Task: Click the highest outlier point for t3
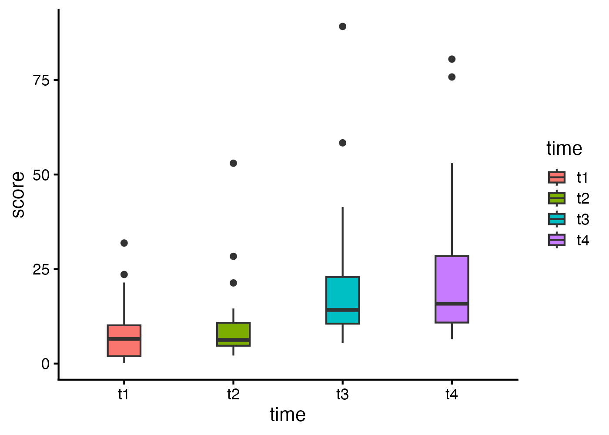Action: (342, 27)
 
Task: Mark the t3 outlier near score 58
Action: (342, 143)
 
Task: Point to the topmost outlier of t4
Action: (452, 59)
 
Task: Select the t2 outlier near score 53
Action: (233, 163)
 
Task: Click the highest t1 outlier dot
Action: (124, 243)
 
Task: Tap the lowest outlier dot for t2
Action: (233, 283)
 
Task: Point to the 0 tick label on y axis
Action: (46, 364)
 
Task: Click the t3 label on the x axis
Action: (342, 395)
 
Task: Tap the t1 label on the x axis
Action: (124, 395)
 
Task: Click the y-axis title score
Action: (18, 194)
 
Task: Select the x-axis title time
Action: (288, 415)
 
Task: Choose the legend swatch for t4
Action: (557, 240)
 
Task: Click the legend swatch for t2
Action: (557, 198)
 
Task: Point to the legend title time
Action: (564, 149)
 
